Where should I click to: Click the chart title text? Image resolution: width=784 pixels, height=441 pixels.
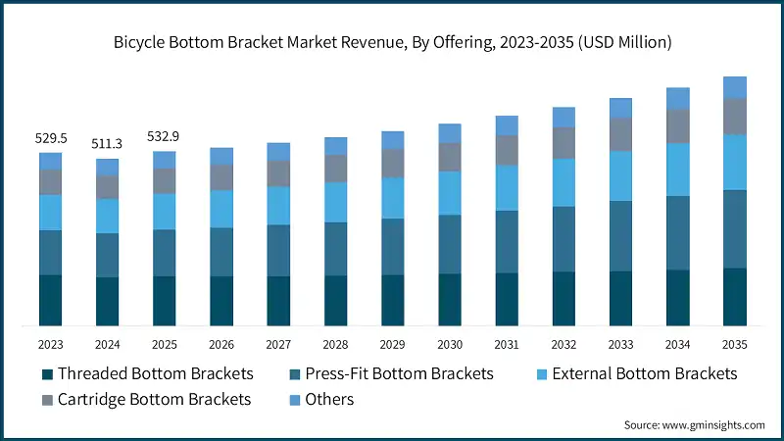(392, 42)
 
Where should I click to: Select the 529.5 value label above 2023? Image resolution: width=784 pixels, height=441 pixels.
(50, 139)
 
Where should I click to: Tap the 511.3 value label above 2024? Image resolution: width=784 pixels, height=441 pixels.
(107, 145)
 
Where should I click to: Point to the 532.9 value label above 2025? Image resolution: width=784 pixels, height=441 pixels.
(164, 137)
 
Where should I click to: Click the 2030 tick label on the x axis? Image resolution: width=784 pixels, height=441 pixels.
(449, 344)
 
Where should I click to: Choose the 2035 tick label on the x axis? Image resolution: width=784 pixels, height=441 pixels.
(734, 344)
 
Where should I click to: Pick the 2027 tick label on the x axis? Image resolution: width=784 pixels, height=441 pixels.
(278, 344)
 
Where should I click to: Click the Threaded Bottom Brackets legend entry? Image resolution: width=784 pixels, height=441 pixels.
(147, 374)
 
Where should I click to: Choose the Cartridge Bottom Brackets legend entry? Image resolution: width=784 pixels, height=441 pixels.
(147, 400)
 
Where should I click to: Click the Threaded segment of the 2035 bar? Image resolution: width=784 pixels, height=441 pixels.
(734, 297)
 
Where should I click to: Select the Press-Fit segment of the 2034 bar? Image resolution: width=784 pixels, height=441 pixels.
(677, 233)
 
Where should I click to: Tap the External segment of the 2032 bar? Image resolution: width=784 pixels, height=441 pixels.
(563, 182)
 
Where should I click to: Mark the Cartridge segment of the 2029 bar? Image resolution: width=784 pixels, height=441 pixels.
(392, 163)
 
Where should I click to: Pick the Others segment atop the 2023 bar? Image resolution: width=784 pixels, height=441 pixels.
(50, 161)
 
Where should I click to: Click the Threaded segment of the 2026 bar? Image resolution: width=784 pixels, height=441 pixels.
(221, 301)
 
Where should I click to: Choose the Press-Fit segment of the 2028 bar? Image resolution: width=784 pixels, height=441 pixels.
(335, 249)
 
